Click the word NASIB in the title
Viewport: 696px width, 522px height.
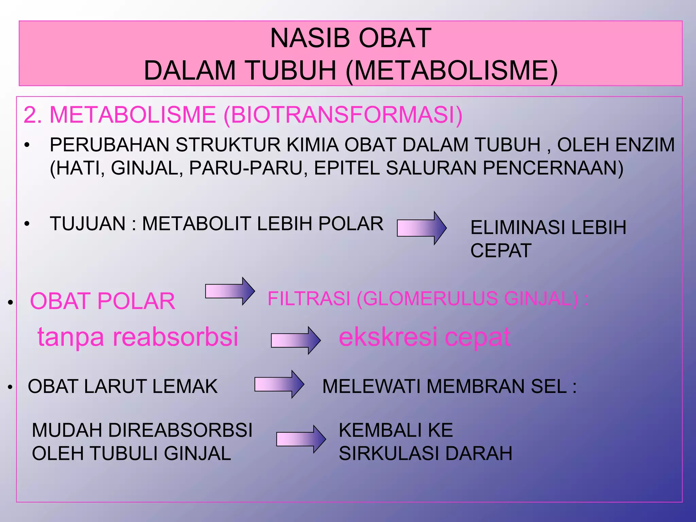pyautogui.click(x=309, y=38)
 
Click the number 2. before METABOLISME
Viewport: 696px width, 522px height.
pyautogui.click(x=33, y=115)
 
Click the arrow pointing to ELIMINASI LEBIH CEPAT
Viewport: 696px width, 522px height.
pyautogui.click(x=421, y=228)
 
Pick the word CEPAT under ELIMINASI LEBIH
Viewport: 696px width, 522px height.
pyautogui.click(x=501, y=250)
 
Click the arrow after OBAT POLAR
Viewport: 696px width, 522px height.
pyautogui.click(x=230, y=291)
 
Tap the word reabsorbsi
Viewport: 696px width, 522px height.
pyautogui.click(x=175, y=337)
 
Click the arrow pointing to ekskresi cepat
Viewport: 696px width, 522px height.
pyautogui.click(x=295, y=340)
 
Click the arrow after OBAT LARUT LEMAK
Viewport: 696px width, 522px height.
pyautogui.click(x=279, y=384)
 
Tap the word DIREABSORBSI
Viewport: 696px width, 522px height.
pyautogui.click(x=180, y=430)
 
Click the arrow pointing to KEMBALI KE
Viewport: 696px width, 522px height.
pyautogui.click(x=301, y=439)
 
